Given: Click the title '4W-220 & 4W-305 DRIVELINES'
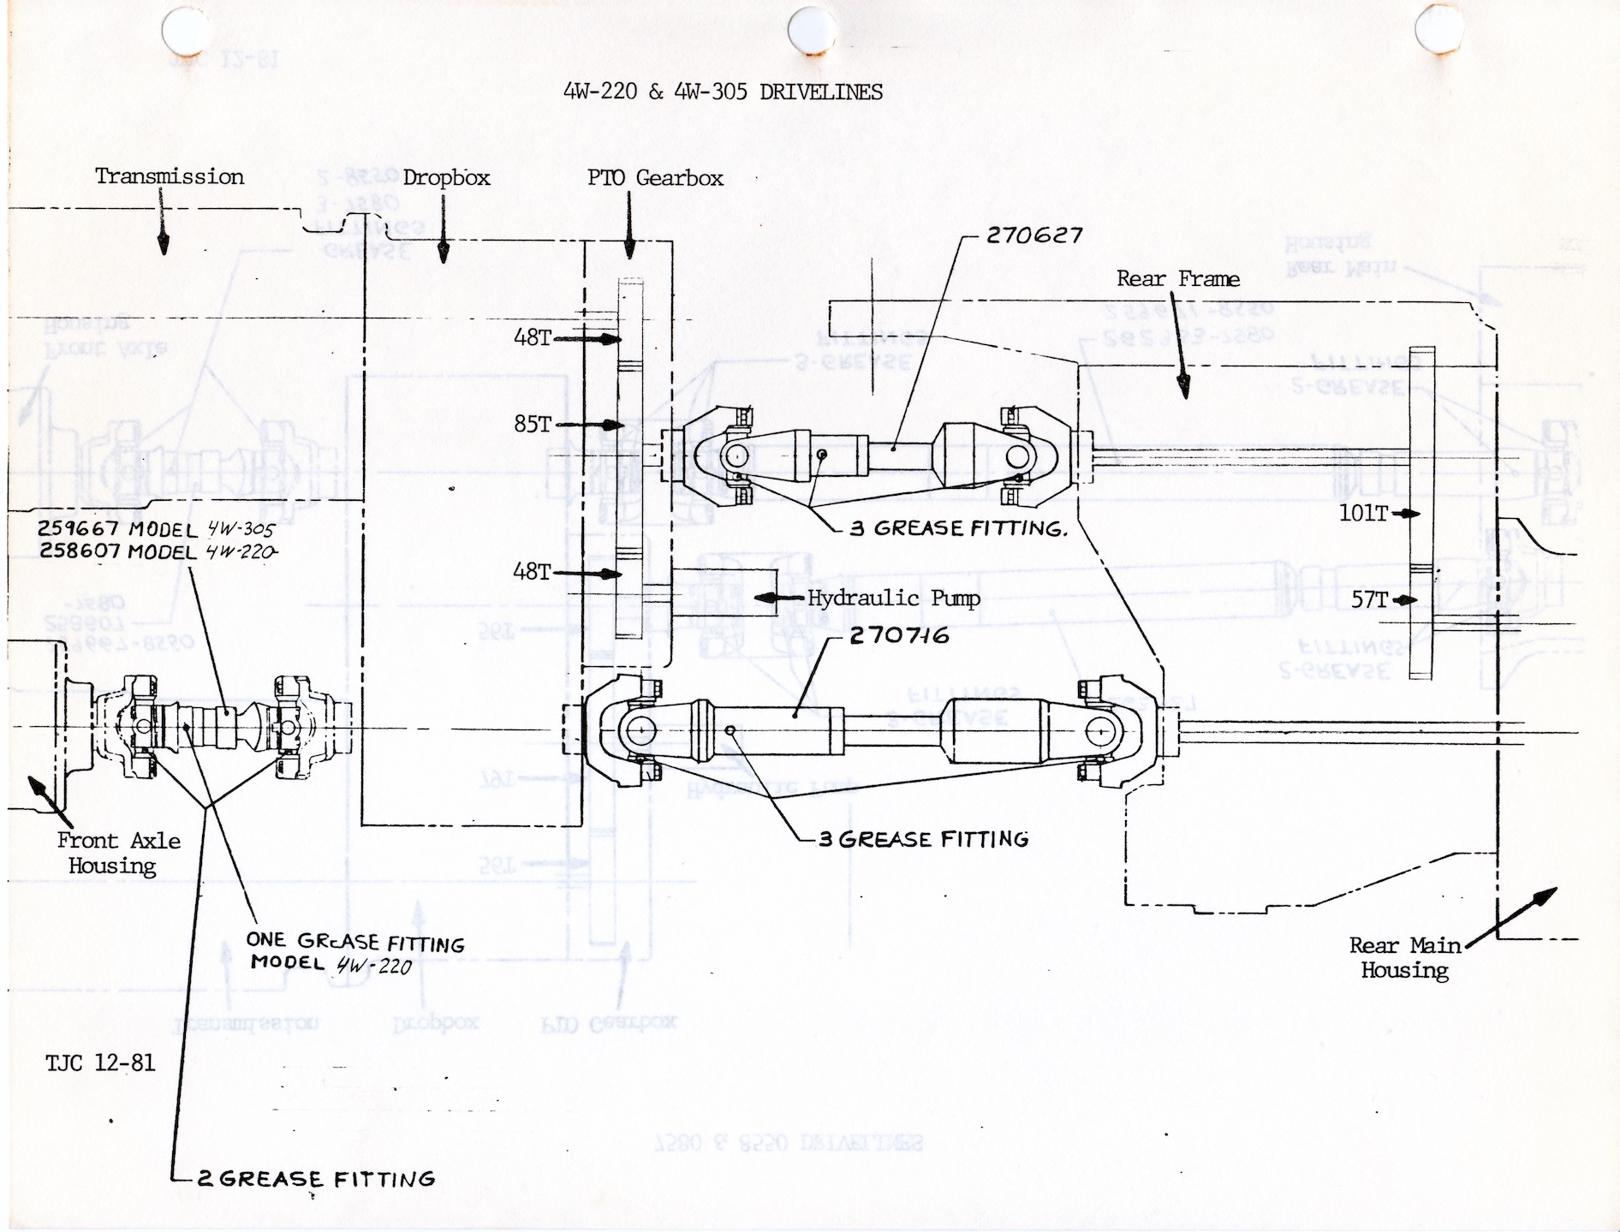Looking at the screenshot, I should tap(723, 92).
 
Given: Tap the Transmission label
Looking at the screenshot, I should tap(169, 176).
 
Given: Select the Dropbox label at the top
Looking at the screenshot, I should tap(446, 177).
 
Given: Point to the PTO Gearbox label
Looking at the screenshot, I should tap(655, 177).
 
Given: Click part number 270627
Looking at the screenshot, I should tap(1034, 235).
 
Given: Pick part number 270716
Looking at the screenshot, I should tap(899, 635).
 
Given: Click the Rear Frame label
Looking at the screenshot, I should tap(1177, 278).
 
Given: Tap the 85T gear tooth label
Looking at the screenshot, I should tap(533, 424).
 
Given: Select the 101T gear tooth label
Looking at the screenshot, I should tap(1364, 513).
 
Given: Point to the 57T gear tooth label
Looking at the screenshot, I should tap(1369, 599).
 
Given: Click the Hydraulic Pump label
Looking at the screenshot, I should tap(893, 598).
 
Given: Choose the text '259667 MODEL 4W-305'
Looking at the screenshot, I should tap(156, 529).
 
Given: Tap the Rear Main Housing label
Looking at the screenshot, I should tap(1404, 957).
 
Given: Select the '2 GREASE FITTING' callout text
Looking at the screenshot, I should tap(316, 1179).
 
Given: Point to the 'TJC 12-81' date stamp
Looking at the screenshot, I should tap(100, 1062).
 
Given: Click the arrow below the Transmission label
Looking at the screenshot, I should tap(163, 231).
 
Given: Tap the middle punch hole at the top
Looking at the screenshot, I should tap(811, 31).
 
